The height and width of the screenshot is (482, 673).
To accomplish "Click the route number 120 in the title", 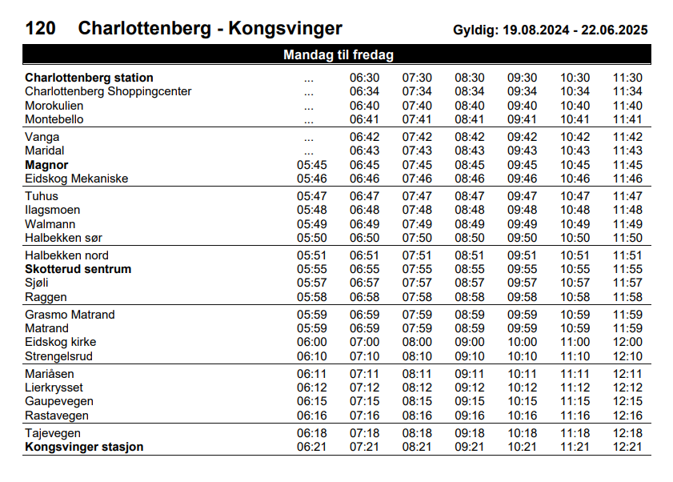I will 41,29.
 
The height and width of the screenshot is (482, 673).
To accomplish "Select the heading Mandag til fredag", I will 339,55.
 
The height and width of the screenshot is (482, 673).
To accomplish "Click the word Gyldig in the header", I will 475,30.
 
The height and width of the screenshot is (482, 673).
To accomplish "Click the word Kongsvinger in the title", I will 286,29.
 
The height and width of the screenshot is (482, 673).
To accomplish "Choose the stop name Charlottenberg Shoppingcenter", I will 108,91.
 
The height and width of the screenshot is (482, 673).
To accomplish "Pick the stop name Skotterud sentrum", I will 78,269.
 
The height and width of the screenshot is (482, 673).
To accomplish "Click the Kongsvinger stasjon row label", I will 84,447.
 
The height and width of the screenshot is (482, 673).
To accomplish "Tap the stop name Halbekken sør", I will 63,238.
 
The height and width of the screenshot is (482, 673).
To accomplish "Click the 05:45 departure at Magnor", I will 311,165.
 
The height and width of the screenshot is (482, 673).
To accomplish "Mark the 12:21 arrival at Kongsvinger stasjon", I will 627,447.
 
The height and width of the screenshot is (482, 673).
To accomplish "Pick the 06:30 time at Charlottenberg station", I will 364,78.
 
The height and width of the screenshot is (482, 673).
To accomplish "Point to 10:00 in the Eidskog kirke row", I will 523,342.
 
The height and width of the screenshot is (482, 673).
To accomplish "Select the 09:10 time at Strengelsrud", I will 470,356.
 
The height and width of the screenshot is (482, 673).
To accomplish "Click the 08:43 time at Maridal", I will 470,151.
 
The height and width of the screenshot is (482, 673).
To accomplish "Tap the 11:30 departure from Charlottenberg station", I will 627,78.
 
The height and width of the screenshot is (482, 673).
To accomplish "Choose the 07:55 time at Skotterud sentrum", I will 417,269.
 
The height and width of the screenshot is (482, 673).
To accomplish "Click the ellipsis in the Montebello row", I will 309,119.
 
